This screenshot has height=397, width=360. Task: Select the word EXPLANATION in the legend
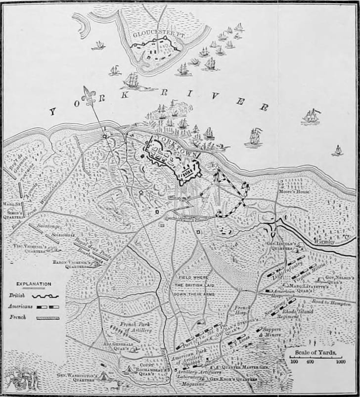point(34,284)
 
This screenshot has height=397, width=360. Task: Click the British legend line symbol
point(46,296)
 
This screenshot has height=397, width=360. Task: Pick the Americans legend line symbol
point(47,307)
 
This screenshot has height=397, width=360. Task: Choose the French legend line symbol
point(47,318)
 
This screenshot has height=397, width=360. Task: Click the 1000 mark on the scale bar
point(340,362)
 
